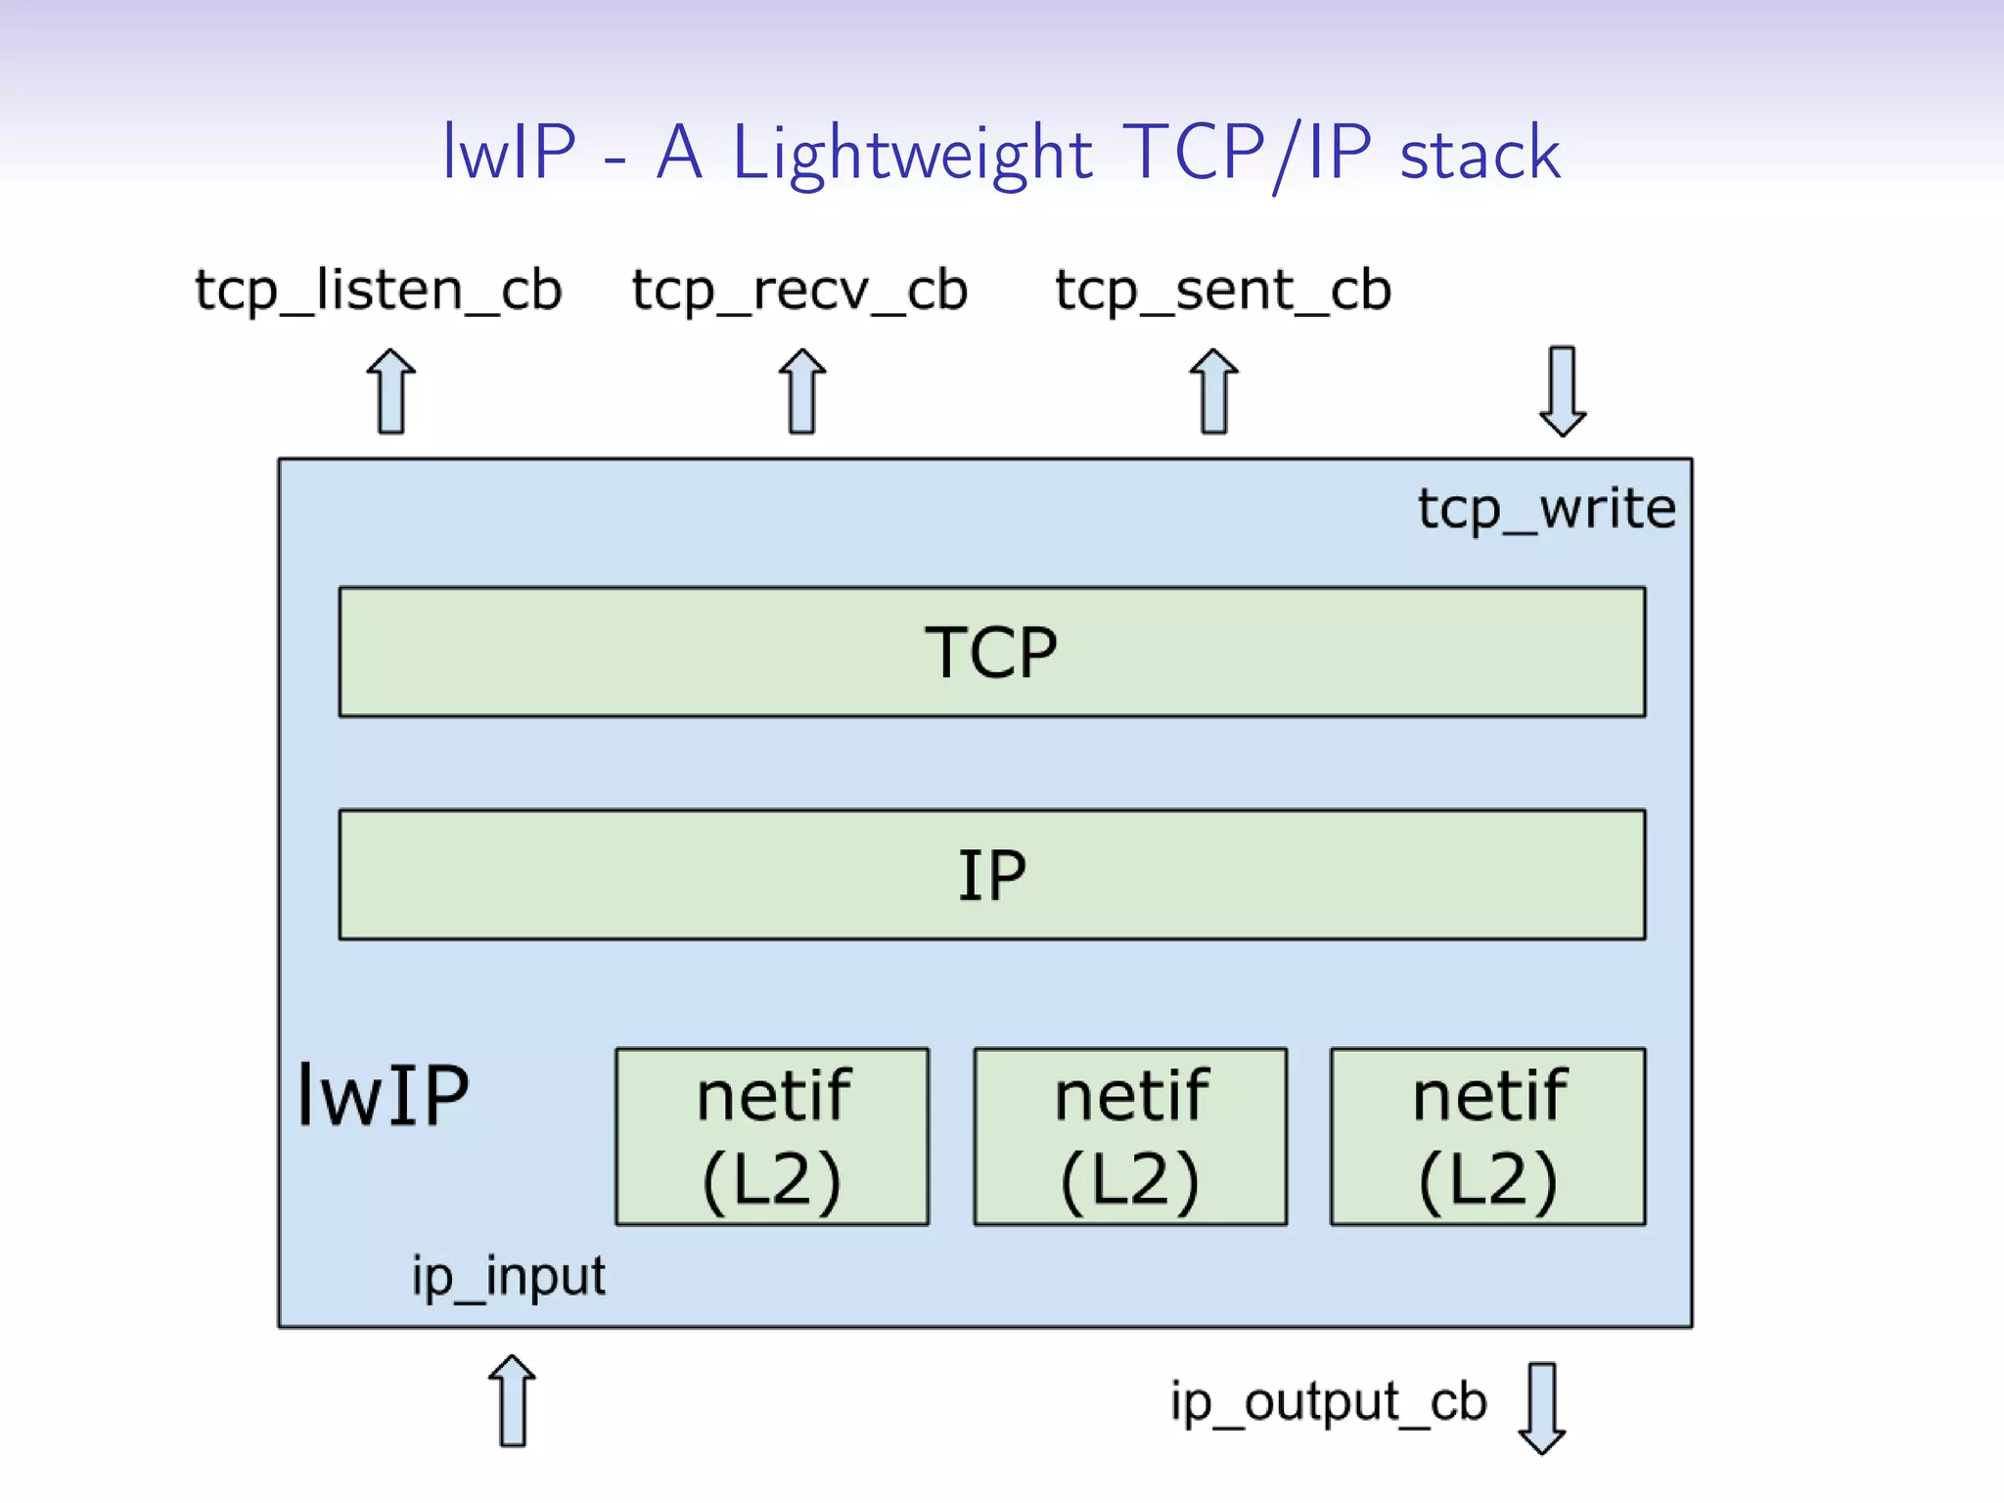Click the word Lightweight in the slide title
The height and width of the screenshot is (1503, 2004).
pos(911,154)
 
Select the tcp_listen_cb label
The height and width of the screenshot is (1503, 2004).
pos(379,291)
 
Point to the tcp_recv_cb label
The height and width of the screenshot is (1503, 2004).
pos(799,291)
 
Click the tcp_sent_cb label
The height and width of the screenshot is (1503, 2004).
pos(1222,291)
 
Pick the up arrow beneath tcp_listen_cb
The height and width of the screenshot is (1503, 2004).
pos(391,391)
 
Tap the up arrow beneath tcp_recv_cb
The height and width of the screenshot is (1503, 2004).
pos(802,391)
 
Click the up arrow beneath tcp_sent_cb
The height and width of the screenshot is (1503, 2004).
pos(1214,391)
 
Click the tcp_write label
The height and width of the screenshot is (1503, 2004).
pos(1546,510)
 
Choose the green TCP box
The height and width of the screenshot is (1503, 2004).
pos(991,652)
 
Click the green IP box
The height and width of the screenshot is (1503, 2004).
pos(991,874)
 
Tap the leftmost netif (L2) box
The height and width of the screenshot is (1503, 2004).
pos(772,1136)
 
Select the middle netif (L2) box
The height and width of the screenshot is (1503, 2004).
pos(1130,1136)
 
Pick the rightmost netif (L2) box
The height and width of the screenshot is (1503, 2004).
pos(1487,1136)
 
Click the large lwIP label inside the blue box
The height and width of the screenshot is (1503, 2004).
pos(383,1096)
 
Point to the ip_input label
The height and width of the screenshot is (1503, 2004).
pos(508,1277)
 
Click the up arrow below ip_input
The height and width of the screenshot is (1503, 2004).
pos(512,1401)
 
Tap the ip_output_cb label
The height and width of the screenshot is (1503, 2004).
pos(1328,1402)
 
